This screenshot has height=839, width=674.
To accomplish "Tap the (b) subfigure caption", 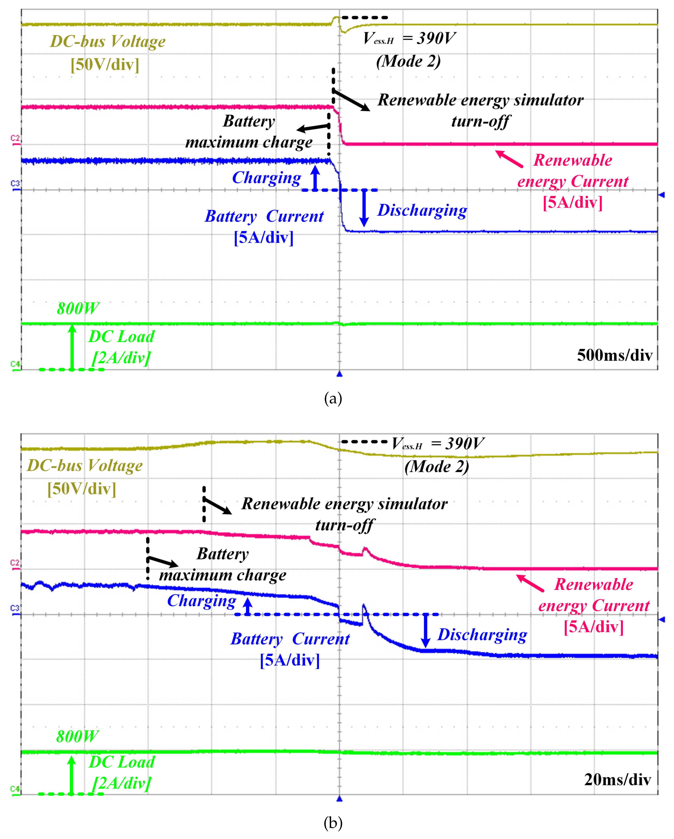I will [x=333, y=823].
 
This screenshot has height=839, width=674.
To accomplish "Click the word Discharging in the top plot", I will [x=422, y=210].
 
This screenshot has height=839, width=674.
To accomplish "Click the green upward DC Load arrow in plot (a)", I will [x=72, y=346].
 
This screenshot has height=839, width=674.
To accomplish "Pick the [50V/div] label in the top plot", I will [x=105, y=64].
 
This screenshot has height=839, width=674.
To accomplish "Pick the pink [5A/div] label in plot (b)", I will [x=594, y=627].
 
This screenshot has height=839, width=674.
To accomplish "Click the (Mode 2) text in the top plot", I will [x=408, y=61].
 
